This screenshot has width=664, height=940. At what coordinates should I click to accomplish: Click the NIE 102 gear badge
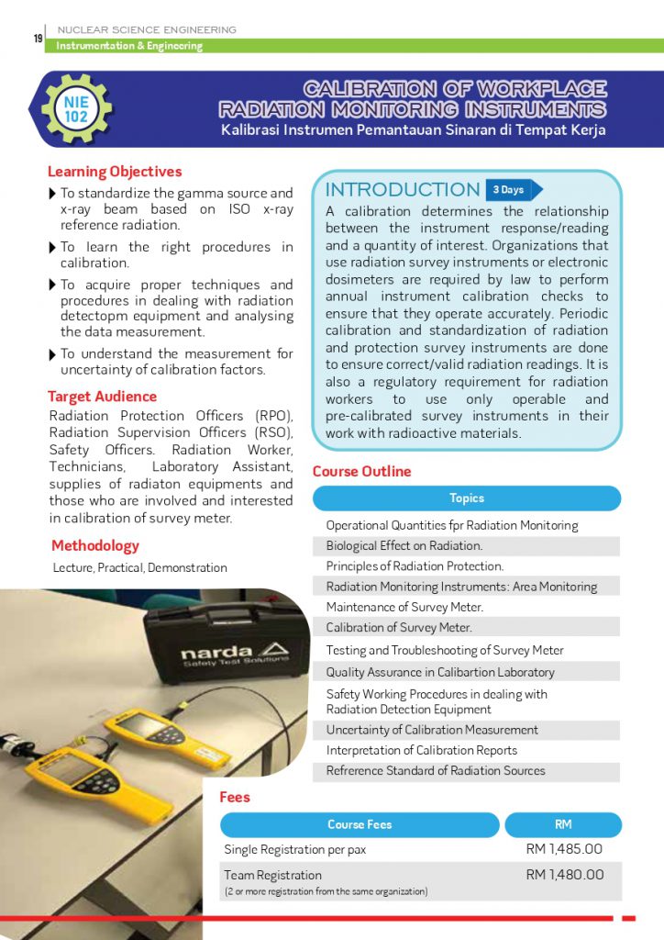click(76, 109)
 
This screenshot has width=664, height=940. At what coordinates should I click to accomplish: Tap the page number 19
click(38, 38)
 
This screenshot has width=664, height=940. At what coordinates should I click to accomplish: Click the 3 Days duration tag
click(511, 189)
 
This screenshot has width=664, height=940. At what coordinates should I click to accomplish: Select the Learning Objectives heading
click(115, 172)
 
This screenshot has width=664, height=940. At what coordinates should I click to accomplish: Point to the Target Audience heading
click(102, 397)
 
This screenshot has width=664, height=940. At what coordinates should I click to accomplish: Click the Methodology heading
click(95, 545)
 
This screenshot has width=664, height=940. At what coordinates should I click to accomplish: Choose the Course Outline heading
click(361, 471)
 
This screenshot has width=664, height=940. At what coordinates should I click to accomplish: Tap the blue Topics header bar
click(466, 498)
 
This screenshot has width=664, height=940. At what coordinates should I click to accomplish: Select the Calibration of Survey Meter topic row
click(399, 628)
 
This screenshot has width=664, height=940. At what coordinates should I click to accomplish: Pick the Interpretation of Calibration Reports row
click(422, 750)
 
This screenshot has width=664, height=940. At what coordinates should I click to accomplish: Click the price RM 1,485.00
click(564, 849)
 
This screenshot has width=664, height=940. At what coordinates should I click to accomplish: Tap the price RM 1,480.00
click(564, 874)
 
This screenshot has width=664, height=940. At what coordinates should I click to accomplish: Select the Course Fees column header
click(360, 824)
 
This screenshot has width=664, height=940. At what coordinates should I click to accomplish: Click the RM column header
click(563, 824)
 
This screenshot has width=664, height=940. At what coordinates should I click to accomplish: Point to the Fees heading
click(235, 797)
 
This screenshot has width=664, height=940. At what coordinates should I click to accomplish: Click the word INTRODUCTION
click(403, 189)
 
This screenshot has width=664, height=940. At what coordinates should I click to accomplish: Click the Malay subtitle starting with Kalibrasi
click(413, 130)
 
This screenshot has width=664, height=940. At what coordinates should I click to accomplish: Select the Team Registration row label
click(272, 875)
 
